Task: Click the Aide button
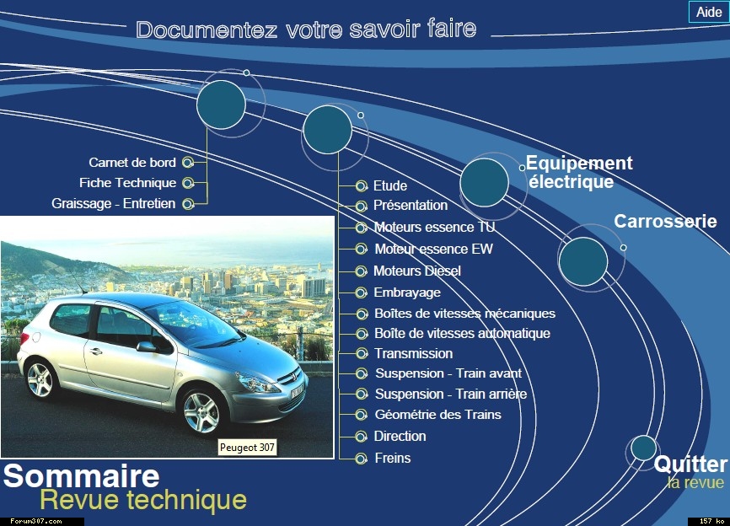coord(709,12)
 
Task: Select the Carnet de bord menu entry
coord(132,163)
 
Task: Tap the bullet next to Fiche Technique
coord(188,183)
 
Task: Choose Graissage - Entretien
coord(114,203)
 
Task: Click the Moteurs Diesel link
coord(417,271)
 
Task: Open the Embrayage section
coord(407,293)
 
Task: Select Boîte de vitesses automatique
coord(462,333)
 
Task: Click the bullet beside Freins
coord(361,459)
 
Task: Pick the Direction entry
coord(400,436)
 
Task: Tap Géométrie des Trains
coord(438,414)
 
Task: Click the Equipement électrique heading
coord(579,172)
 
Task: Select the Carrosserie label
coord(665,221)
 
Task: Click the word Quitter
coord(690,464)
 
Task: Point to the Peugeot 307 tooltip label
coord(247,448)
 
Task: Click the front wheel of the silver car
coord(201,411)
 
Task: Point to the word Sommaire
coord(82,475)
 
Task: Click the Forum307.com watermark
coord(36,521)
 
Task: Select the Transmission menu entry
coord(413,353)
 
